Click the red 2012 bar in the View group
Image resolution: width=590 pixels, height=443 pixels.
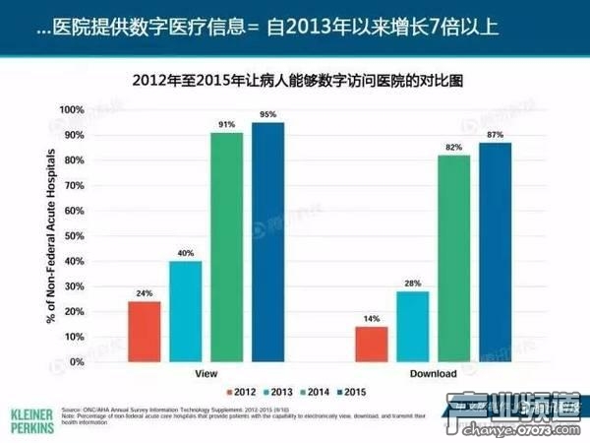pyautogui.click(x=144, y=331)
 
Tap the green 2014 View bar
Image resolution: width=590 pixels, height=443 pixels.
pyautogui.click(x=226, y=246)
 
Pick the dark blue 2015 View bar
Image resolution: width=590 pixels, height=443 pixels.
pyautogui.click(x=267, y=241)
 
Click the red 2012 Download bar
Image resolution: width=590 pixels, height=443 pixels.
pyautogui.click(x=371, y=344)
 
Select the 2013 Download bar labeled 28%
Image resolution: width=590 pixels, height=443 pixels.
pyautogui.click(x=412, y=326)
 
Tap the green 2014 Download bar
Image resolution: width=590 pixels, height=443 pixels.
pyautogui.click(x=453, y=258)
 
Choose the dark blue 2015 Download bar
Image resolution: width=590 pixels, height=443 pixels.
pyautogui.click(x=495, y=252)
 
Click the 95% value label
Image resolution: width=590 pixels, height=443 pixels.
pyautogui.click(x=267, y=114)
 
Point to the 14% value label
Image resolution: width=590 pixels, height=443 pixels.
pyautogui.click(x=371, y=319)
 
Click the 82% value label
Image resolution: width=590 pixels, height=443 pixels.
pyautogui.click(x=453, y=147)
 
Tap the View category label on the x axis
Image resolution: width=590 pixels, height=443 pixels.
pyautogui.click(x=206, y=374)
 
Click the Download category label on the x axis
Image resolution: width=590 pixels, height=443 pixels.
pyautogui.click(x=433, y=374)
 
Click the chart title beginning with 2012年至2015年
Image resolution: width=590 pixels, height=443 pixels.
pyautogui.click(x=295, y=78)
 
